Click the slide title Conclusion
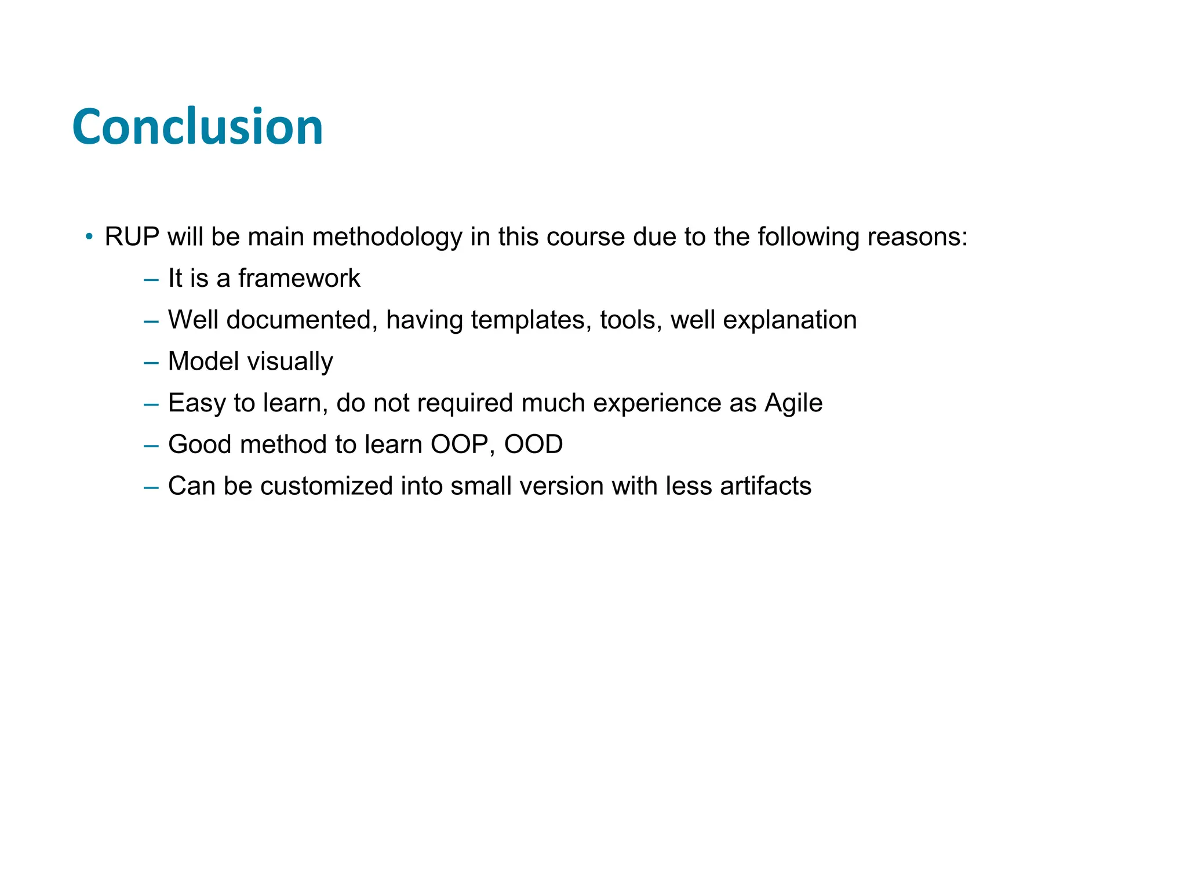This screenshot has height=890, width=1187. (x=197, y=127)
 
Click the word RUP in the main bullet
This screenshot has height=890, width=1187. (x=132, y=237)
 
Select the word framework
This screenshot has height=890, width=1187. (x=299, y=279)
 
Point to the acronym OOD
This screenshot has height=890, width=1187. (x=533, y=445)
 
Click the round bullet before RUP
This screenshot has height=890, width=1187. (x=89, y=236)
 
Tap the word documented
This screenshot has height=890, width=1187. (x=298, y=320)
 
